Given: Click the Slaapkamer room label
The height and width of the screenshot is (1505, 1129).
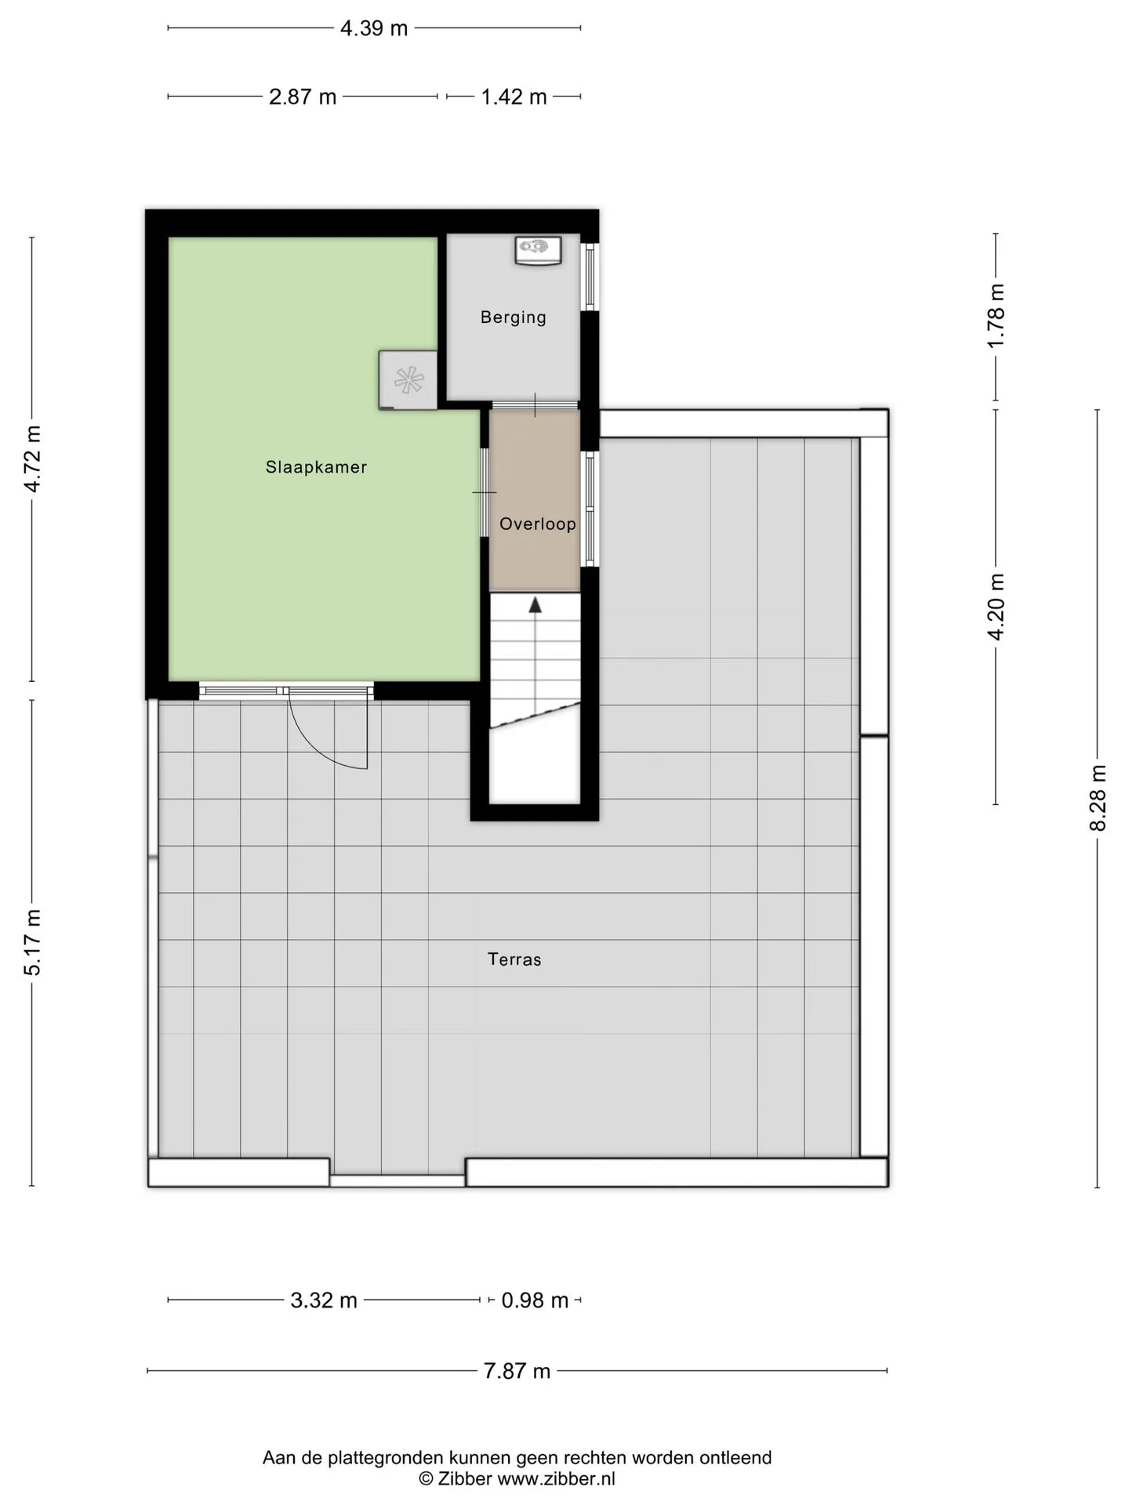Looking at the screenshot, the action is pyautogui.click(x=316, y=467).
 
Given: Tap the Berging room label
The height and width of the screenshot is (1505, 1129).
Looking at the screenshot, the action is pyautogui.click(x=514, y=317).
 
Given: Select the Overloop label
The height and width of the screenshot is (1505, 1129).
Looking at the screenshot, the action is pyautogui.click(x=538, y=524).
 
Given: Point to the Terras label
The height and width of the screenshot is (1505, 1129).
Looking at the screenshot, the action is pyautogui.click(x=514, y=959).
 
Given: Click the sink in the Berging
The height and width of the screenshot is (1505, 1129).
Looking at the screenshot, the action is pyautogui.click(x=538, y=250).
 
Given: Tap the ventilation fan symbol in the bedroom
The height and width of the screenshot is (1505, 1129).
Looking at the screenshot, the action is pyautogui.click(x=408, y=380).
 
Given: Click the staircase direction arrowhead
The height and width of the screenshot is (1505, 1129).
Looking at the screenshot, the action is pyautogui.click(x=535, y=604).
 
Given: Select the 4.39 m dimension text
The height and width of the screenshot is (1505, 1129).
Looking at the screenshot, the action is pyautogui.click(x=374, y=28).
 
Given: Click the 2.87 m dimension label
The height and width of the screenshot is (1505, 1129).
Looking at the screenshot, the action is pyautogui.click(x=303, y=96).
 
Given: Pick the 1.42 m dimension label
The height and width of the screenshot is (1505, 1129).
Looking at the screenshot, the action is pyautogui.click(x=514, y=96).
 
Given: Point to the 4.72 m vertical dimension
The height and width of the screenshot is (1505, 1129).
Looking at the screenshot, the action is pyautogui.click(x=32, y=459).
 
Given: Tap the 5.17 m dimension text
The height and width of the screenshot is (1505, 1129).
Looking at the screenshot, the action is pyautogui.click(x=32, y=943).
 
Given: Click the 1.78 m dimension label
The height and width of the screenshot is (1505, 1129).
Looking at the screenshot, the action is pyautogui.click(x=996, y=317).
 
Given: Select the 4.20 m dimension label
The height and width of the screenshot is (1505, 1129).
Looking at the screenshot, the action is pyautogui.click(x=996, y=607).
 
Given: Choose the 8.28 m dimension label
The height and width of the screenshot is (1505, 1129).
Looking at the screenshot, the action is pyautogui.click(x=1098, y=798).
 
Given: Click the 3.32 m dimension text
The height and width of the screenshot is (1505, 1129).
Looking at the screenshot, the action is pyautogui.click(x=324, y=1300).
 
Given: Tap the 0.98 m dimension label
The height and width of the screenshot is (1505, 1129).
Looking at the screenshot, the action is pyautogui.click(x=535, y=1300).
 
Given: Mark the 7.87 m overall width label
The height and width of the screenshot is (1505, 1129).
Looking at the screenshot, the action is pyautogui.click(x=517, y=1371).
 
